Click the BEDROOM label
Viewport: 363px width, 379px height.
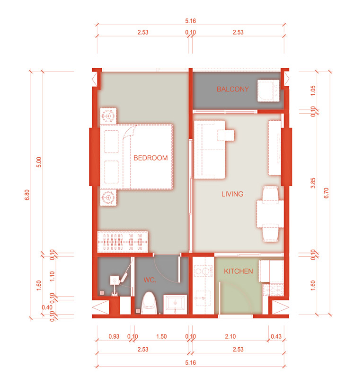[151, 158]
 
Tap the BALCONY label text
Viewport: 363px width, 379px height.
[232, 89]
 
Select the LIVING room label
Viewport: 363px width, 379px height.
[232, 194]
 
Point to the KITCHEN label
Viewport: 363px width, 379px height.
[239, 271]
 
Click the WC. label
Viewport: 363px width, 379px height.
[150, 280]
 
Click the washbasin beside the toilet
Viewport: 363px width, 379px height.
[175, 304]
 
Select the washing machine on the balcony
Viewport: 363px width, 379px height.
[268, 90]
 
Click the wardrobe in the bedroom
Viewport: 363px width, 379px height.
[123, 242]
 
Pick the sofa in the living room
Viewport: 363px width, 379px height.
[210, 150]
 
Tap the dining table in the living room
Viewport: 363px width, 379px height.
[270, 214]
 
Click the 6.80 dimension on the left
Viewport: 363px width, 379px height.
[27, 195]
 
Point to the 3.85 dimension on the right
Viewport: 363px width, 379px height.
[313, 183]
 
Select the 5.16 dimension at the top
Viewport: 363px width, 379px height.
[191, 21]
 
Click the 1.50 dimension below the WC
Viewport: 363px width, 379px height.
[161, 336]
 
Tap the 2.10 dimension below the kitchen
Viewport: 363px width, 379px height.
[230, 336]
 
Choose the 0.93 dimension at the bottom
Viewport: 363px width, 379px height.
[114, 336]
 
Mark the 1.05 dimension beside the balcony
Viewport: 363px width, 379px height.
[313, 90]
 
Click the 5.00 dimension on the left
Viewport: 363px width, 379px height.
[39, 162]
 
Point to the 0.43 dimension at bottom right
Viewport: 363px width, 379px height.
[276, 336]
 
